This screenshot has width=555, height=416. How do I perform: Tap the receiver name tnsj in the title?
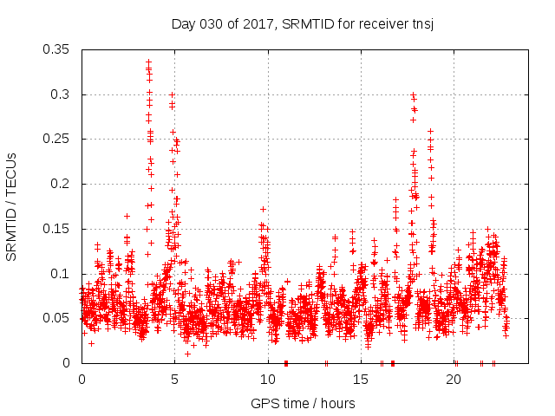coord(421,23)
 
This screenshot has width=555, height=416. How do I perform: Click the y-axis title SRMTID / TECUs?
coord(11,207)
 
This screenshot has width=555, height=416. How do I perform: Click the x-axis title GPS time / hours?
coord(303,403)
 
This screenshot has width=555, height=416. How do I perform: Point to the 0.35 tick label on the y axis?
coord(57,49)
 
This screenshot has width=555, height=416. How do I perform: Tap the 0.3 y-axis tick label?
coord(61,94)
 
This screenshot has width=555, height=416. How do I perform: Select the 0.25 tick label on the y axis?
coord(57,139)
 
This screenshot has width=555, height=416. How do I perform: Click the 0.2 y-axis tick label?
coord(61,184)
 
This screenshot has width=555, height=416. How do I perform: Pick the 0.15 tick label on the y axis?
coord(57,229)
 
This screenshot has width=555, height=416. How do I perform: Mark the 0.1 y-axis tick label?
coord(61,274)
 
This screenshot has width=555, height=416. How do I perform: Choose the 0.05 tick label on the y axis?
coord(57,318)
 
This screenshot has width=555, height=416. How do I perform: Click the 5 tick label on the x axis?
coord(174,380)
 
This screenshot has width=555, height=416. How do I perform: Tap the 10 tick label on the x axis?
coord(267,380)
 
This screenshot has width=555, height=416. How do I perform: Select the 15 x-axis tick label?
coord(360,380)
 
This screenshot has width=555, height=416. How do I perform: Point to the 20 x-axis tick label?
coord(454,380)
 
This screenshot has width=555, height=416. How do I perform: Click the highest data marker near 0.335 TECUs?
coord(148,62)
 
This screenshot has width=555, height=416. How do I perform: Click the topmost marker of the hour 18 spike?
coord(413,94)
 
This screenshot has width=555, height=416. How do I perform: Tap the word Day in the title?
coord(184,23)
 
